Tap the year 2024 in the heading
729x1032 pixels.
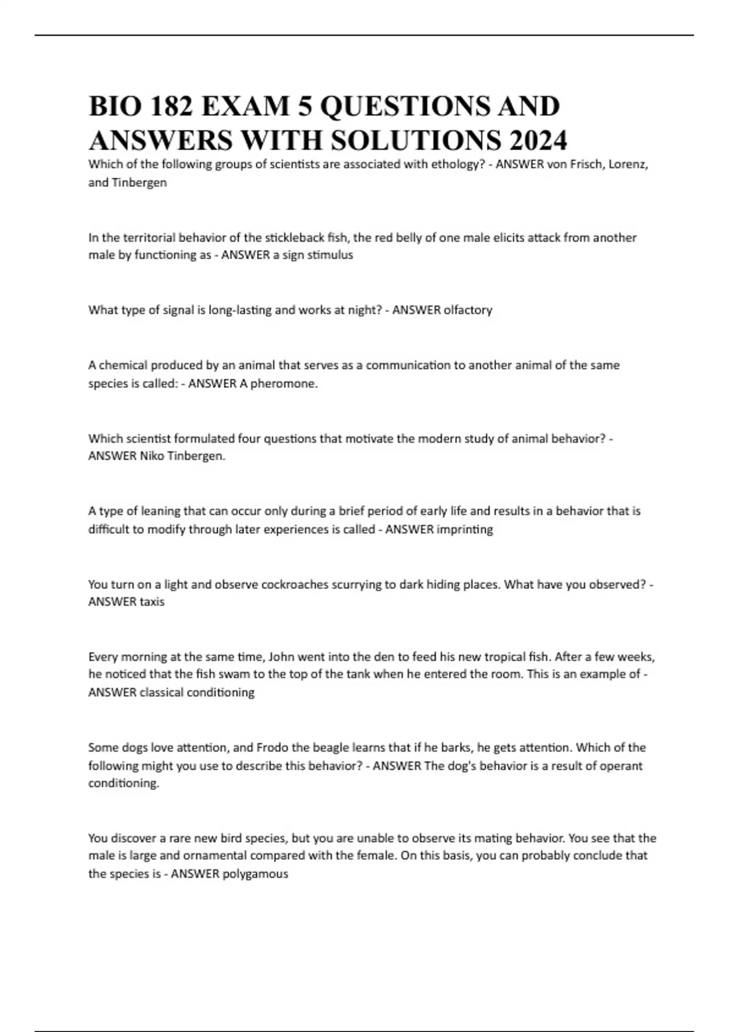(x=535, y=141)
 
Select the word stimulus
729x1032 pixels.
(x=330, y=255)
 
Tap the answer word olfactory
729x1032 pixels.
(x=468, y=310)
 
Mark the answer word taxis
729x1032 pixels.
(x=152, y=602)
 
